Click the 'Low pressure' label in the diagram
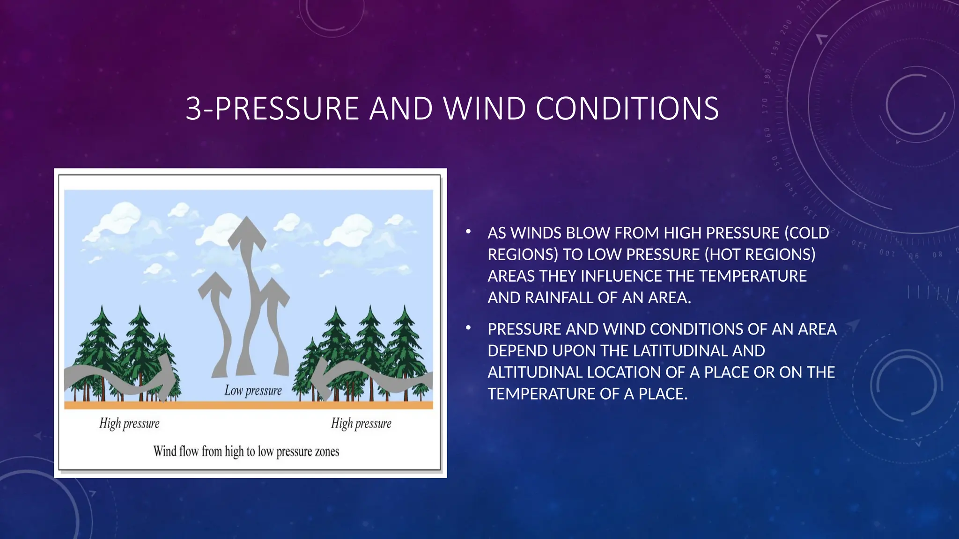[x=253, y=391]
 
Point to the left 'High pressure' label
[x=129, y=423]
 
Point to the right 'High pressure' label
[x=361, y=423]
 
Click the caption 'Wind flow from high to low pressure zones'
[x=246, y=452]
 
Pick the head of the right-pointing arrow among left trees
[x=166, y=377]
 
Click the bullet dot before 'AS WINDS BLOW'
[x=468, y=232]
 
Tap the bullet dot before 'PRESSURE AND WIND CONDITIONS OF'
[x=468, y=328]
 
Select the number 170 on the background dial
[x=765, y=106]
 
